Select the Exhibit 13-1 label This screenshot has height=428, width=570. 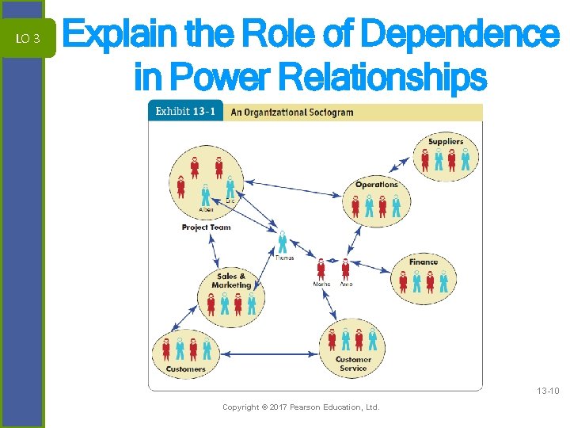[185, 112]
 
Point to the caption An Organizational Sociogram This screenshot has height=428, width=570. [291, 113]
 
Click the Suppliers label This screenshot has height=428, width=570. [446, 142]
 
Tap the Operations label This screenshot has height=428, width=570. [376, 185]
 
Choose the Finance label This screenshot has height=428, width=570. [424, 262]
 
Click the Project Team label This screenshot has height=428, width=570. [206, 227]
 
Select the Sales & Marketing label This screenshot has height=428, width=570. [231, 281]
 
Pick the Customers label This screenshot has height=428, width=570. [185, 369]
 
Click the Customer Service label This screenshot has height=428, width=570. [353, 364]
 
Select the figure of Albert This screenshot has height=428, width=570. [206, 192]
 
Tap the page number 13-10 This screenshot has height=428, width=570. [547, 391]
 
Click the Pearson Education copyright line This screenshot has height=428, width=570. [301, 407]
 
